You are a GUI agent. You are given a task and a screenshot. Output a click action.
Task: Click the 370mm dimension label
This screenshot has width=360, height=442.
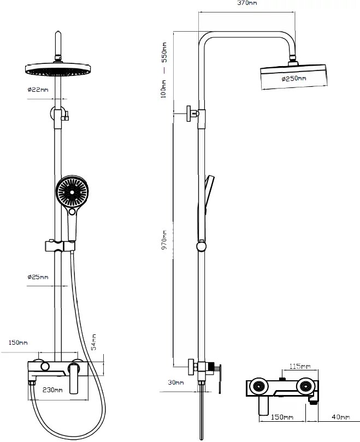(x=247, y=3)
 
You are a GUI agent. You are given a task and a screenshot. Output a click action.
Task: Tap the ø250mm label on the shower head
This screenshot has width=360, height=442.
(x=294, y=79)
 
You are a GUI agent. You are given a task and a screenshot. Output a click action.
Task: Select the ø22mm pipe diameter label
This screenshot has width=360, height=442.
(x=38, y=90)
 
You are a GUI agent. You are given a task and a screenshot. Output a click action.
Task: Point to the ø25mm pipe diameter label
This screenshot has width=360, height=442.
(x=38, y=277)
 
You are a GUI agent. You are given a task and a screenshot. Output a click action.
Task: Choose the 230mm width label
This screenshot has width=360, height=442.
(x=52, y=390)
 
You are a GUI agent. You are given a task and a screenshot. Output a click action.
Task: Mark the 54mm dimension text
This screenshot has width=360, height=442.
(x=93, y=341)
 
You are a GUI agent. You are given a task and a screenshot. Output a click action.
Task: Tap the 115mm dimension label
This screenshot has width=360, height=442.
(x=299, y=366)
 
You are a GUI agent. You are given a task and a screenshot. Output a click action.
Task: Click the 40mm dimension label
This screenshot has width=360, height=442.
(x=340, y=417)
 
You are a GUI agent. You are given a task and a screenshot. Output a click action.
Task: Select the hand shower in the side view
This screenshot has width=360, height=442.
(x=209, y=197)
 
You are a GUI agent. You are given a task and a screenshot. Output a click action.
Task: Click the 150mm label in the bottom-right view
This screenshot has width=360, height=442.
(x=281, y=417)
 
